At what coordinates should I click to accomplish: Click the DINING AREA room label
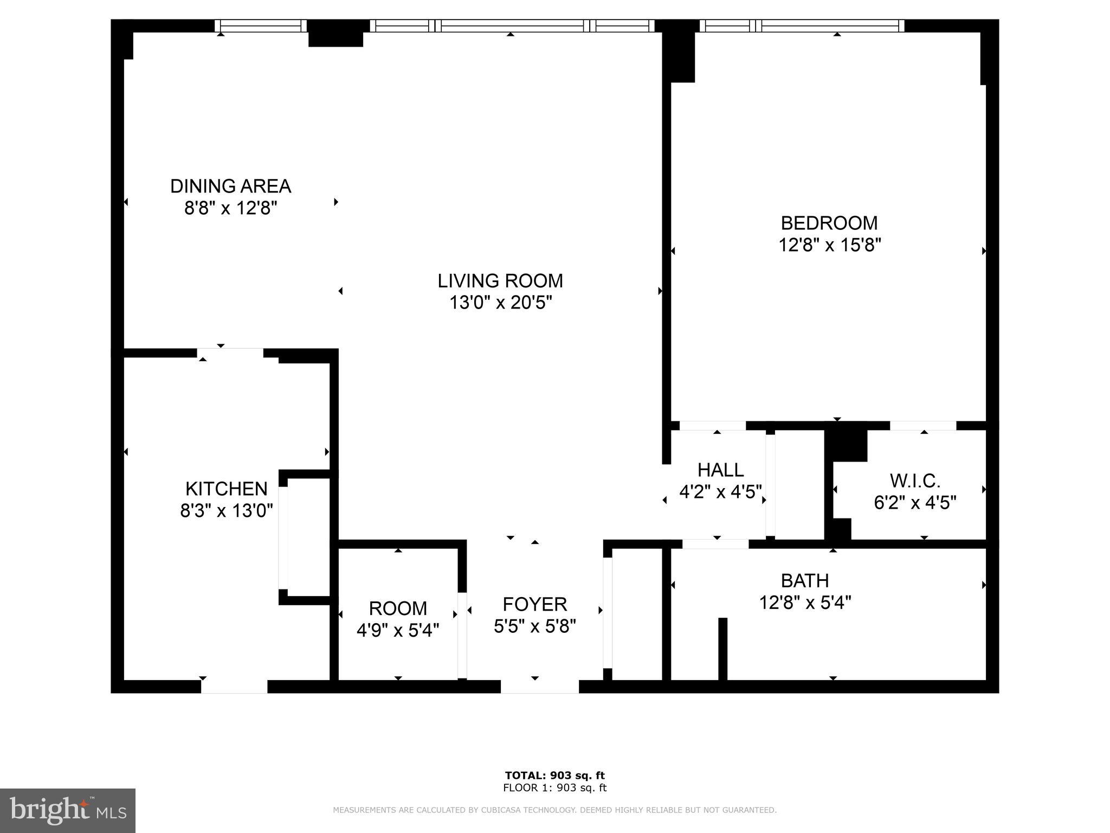pyautogui.click(x=230, y=186)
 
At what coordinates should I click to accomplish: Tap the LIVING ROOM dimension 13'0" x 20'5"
pyautogui.click(x=500, y=303)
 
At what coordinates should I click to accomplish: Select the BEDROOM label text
pyautogui.click(x=829, y=223)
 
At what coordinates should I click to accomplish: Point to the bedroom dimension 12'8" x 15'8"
pyautogui.click(x=829, y=245)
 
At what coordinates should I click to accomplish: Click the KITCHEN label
pyautogui.click(x=226, y=489)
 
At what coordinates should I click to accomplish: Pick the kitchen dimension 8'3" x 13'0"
pyautogui.click(x=226, y=510)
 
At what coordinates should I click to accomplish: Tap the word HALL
pyautogui.click(x=720, y=470)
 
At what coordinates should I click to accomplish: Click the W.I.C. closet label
pyautogui.click(x=914, y=480)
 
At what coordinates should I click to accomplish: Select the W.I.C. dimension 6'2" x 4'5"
pyautogui.click(x=914, y=503)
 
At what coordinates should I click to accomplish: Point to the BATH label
pyautogui.click(x=804, y=581)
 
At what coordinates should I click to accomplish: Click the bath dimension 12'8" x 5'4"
pyautogui.click(x=804, y=603)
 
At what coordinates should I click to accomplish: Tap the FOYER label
pyautogui.click(x=534, y=604)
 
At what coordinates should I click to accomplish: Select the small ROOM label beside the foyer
pyautogui.click(x=398, y=608)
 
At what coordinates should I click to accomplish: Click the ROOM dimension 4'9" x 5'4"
pyautogui.click(x=398, y=630)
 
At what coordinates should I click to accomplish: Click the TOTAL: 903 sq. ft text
pyautogui.click(x=554, y=776)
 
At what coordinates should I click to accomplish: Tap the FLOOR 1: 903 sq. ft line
pyautogui.click(x=554, y=788)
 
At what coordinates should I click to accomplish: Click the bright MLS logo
pyautogui.click(x=68, y=810)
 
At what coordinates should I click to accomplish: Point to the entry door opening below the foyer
pyautogui.click(x=539, y=687)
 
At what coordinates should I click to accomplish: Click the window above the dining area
pyautogui.click(x=261, y=25)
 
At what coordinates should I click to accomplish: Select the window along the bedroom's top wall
pyautogui.click(x=802, y=25)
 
